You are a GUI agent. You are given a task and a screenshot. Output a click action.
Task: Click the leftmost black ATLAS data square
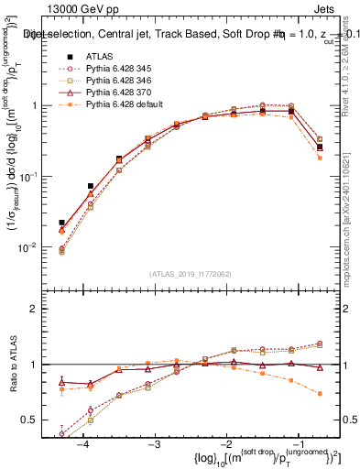pyautogui.click(x=61, y=223)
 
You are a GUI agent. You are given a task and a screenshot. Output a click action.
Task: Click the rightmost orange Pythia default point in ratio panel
pyautogui.click(x=319, y=394)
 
